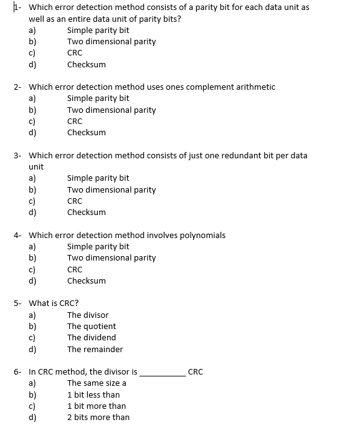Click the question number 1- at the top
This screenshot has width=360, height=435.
coord(18,7)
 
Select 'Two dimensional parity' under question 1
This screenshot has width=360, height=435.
coord(111,42)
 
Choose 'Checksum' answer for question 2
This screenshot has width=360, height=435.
coord(86,133)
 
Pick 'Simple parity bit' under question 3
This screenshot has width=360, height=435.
coord(98,178)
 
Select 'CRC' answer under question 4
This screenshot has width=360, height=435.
coord(74,269)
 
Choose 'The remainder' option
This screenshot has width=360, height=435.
coord(95,349)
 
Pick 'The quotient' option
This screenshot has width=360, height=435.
coord(91,326)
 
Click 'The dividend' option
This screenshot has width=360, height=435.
coord(91,338)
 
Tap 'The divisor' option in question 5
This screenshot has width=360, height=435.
coord(87,315)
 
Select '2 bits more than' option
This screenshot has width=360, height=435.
coord(98,418)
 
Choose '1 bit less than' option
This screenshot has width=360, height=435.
coord(93,394)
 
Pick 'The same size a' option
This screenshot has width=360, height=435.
coord(97,383)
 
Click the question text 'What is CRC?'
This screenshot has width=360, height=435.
coord(54,304)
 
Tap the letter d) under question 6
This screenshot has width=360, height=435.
coord(32,418)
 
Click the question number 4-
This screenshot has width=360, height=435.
coord(18,235)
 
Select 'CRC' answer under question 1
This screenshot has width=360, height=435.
coord(74,53)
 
